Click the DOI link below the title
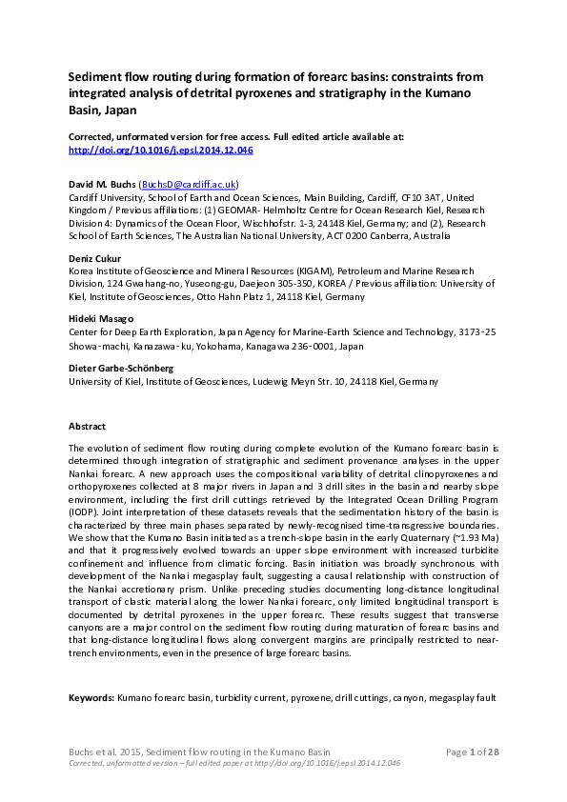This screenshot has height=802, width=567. click(x=160, y=150)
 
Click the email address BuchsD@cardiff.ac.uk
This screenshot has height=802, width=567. click(x=189, y=183)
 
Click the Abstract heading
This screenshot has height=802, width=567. click(x=87, y=426)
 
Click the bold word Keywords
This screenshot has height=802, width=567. click(x=91, y=698)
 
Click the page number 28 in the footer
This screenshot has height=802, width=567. click(x=493, y=752)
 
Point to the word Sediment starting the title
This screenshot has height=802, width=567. click(x=96, y=75)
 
